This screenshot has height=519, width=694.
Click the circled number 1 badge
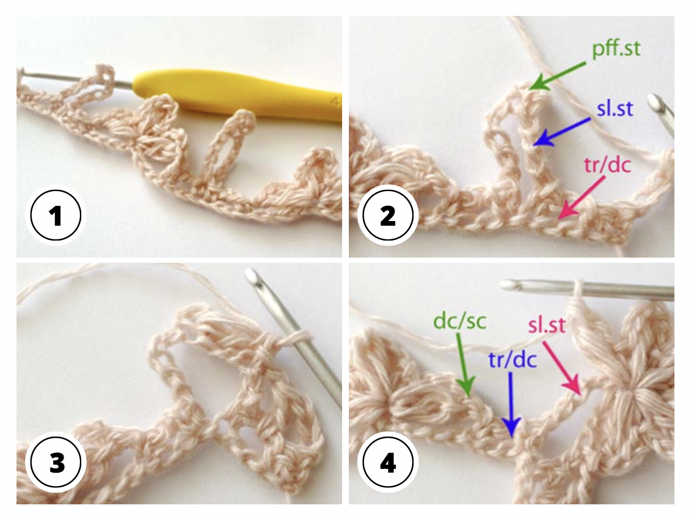[x=57, y=216]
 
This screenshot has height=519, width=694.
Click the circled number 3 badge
[x=57, y=463]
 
